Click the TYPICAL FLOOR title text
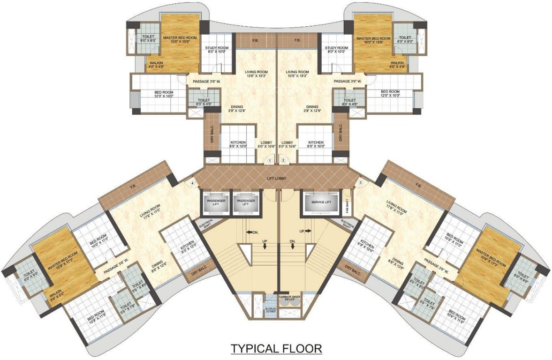click(x=275, y=348)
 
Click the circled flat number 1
click(x=270, y=160)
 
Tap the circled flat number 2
click(x=283, y=160)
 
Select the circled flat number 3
click(x=361, y=182)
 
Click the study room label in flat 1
click(x=217, y=50)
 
